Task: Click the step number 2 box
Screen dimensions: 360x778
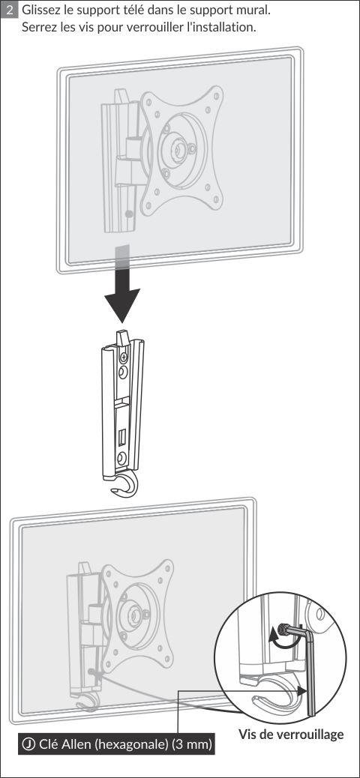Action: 10,10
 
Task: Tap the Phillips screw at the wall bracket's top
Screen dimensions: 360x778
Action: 124,356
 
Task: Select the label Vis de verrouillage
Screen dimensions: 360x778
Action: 291,734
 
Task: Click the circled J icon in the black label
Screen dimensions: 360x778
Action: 28,744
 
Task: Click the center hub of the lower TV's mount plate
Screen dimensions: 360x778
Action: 133,615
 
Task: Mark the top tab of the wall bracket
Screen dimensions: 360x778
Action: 122,338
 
